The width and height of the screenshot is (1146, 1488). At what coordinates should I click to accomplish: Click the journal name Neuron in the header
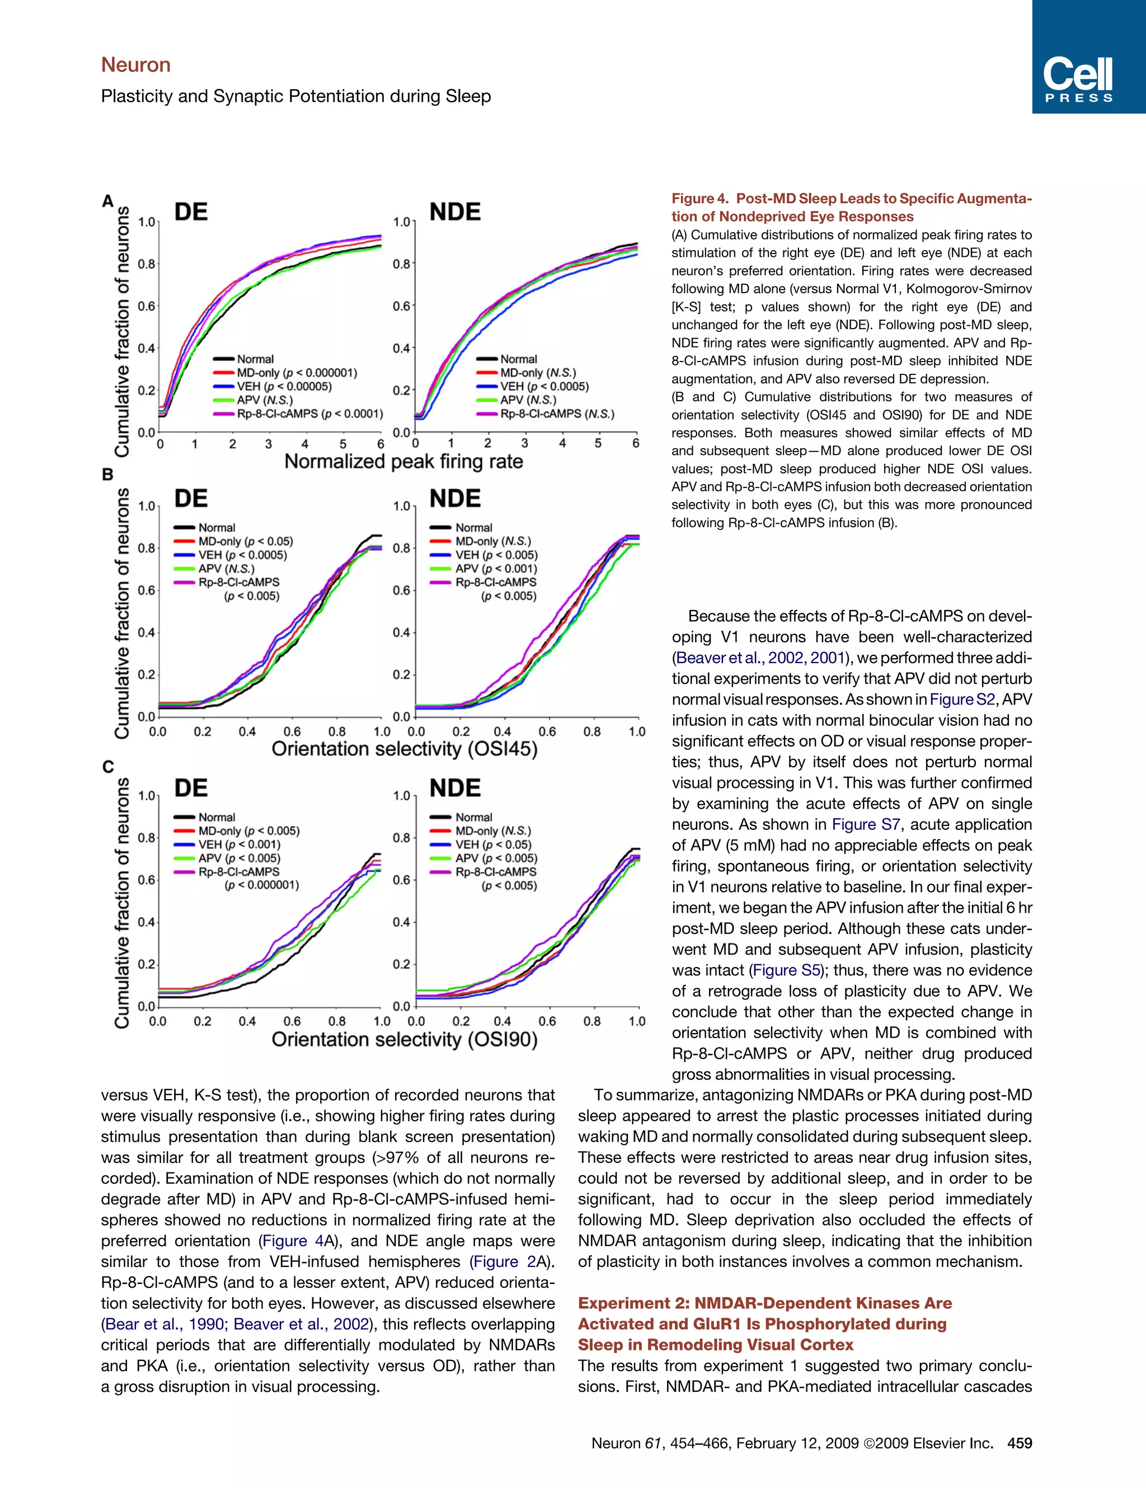pyautogui.click(x=135, y=65)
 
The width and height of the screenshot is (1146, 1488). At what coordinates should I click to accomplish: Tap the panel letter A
pyautogui.click(x=107, y=201)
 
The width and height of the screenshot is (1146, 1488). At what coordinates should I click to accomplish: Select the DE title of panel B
pyautogui.click(x=191, y=498)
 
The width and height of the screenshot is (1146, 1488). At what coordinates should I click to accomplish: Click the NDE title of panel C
pyautogui.click(x=454, y=788)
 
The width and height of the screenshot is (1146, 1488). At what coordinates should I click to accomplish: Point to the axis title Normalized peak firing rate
pyautogui.click(x=403, y=461)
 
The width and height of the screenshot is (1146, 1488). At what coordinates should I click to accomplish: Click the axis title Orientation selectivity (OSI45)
pyautogui.click(x=404, y=749)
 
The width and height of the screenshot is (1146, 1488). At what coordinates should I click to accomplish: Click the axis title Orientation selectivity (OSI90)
pyautogui.click(x=404, y=1039)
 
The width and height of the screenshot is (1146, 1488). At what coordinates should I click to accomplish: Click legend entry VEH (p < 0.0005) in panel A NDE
pyautogui.click(x=544, y=386)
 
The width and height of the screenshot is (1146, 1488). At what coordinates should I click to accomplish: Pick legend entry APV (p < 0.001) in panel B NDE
pyautogui.click(x=496, y=568)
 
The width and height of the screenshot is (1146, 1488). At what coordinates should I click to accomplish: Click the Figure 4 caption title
pyautogui.click(x=851, y=207)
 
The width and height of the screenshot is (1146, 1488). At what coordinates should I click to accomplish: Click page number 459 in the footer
pyautogui.click(x=1020, y=1443)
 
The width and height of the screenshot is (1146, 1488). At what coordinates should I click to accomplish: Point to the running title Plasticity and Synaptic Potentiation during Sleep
pyautogui.click(x=295, y=96)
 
